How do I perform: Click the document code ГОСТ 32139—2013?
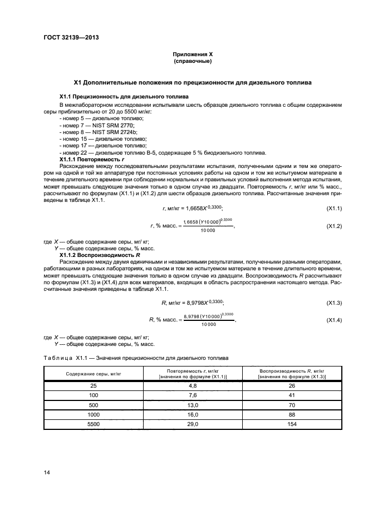67,38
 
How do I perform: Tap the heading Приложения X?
192,55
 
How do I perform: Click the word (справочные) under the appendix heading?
192,61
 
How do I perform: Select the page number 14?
47,473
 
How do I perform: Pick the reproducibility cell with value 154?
292,424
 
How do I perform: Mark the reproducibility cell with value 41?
292,395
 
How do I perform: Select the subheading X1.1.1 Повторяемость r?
87,160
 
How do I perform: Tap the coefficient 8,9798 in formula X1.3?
193,302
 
